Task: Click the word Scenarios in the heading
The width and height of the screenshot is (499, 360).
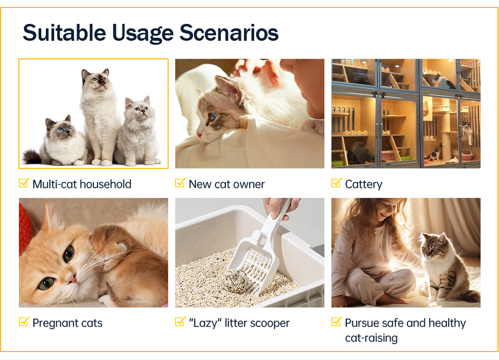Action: [x=229, y=33]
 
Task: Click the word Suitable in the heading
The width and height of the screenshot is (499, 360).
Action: [x=64, y=33]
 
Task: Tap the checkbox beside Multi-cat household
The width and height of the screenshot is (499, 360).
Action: [x=24, y=183]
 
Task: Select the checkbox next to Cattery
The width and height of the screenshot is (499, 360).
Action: [x=336, y=183]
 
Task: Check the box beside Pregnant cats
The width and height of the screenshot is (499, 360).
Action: [x=24, y=322]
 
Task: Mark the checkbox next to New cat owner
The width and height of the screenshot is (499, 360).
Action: [x=180, y=183]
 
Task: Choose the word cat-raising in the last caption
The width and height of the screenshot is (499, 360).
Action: [x=371, y=338]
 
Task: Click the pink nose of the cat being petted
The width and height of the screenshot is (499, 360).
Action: [x=200, y=135]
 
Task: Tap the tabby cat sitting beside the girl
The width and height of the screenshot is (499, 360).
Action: [x=446, y=267]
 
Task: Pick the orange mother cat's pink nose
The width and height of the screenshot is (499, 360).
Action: [x=73, y=278]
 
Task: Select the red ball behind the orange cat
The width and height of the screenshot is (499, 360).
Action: [x=24, y=226]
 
